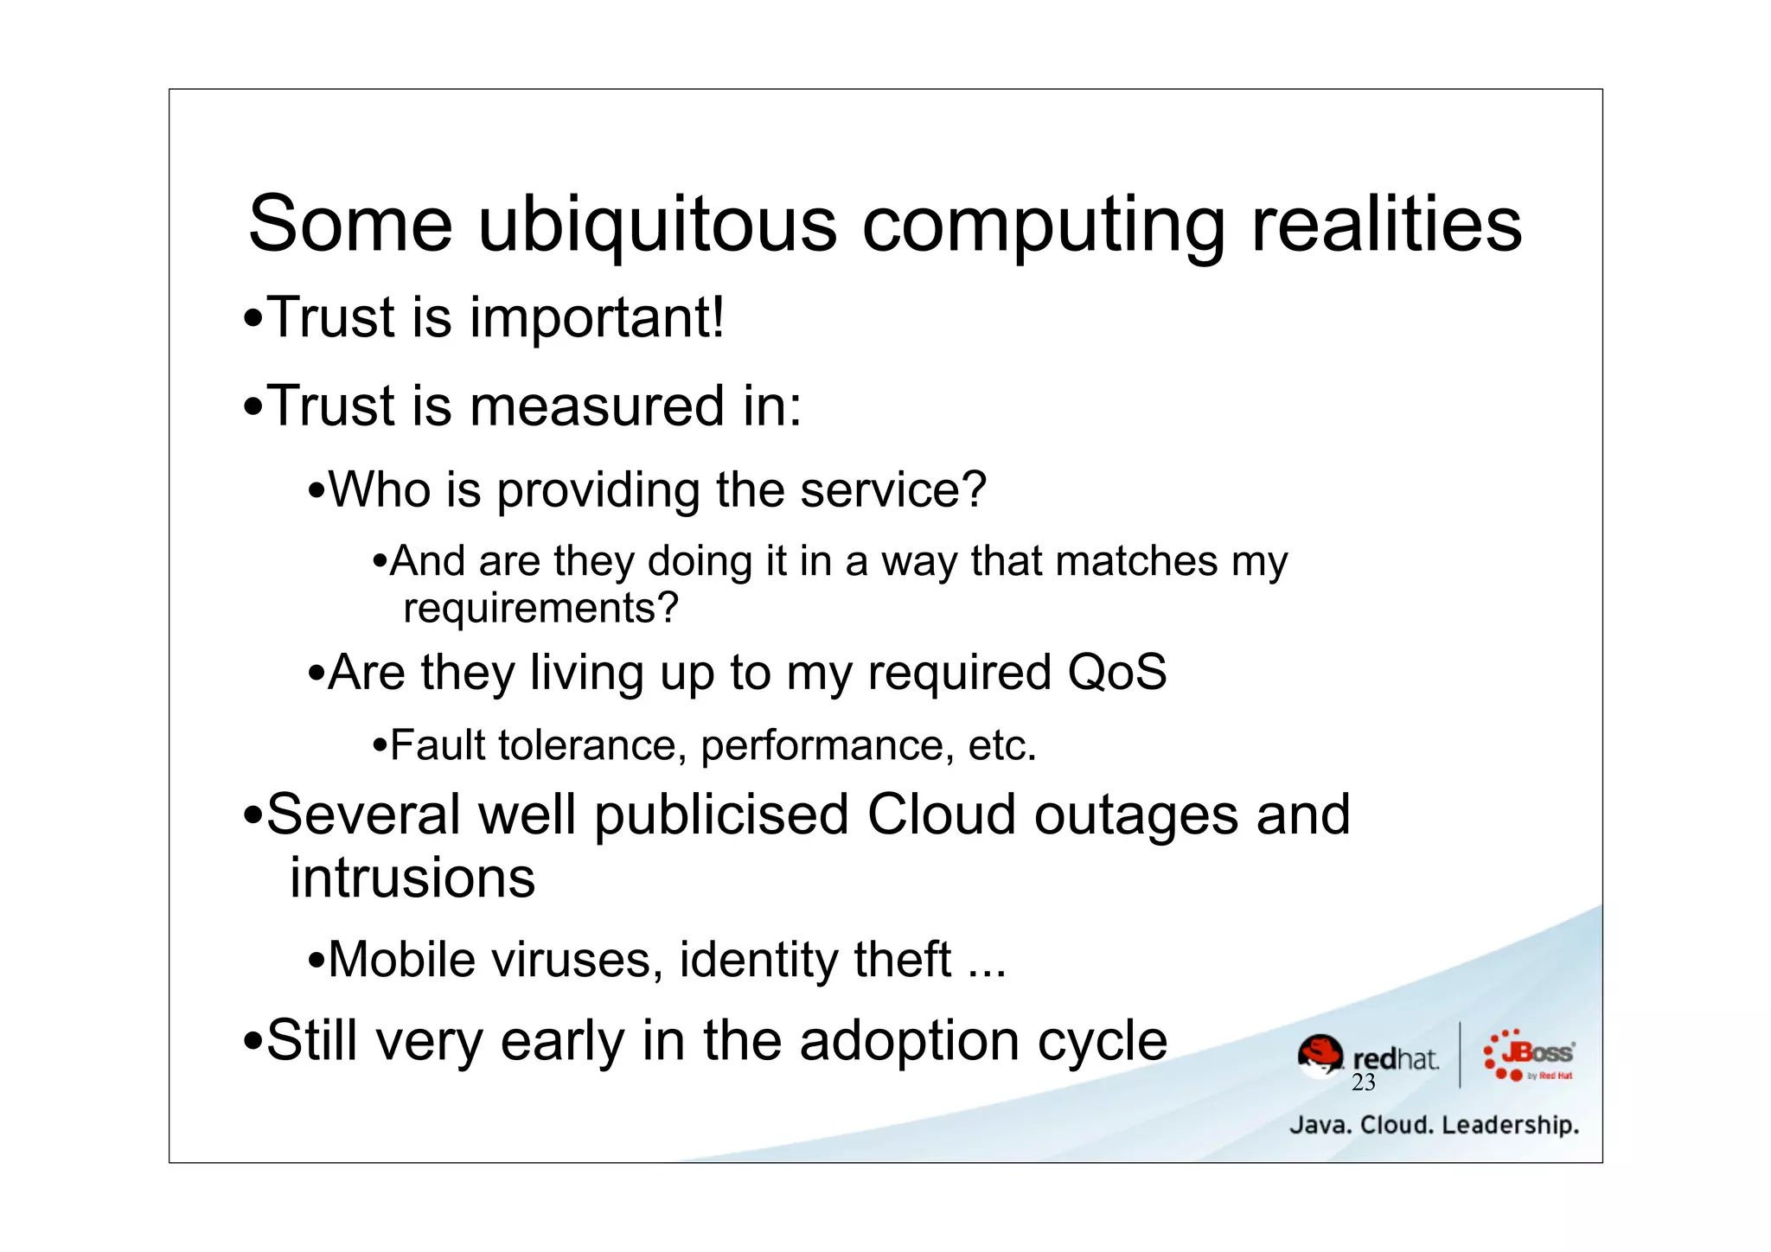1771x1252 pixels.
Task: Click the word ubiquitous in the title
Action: tap(657, 225)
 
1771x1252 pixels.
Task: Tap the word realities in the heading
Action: tap(1386, 225)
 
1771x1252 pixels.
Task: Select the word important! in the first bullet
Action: tap(597, 318)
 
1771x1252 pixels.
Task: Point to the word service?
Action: tap(892, 490)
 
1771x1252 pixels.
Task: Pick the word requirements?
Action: tap(540, 609)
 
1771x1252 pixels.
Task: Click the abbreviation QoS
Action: tap(1116, 673)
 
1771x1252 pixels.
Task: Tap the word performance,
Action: tap(823, 746)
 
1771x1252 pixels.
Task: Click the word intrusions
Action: tap(412, 878)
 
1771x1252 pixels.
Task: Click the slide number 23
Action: tap(1363, 1083)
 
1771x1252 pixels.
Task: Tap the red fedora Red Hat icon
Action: tap(1320, 1056)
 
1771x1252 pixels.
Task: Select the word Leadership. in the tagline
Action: tap(1510, 1126)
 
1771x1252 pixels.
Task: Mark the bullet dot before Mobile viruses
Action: tap(316, 961)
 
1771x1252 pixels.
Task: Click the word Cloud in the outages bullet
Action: tap(941, 815)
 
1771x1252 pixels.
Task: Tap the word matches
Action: tap(1136, 561)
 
